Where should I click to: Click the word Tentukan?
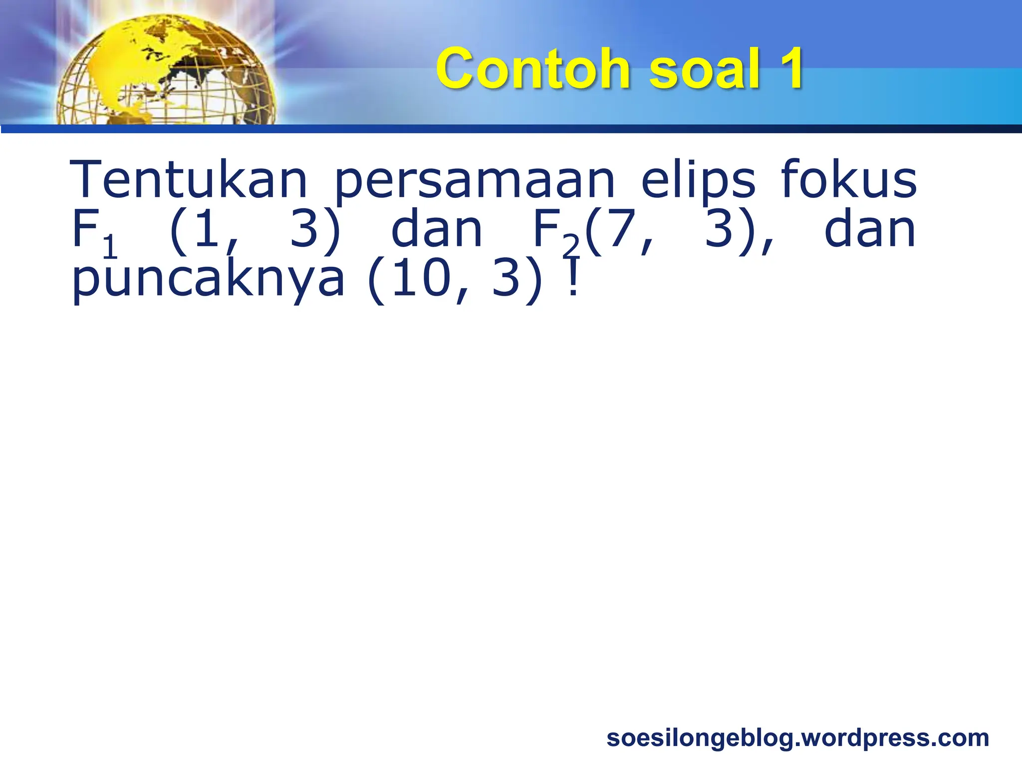(x=188, y=179)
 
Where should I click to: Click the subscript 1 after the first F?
(x=110, y=247)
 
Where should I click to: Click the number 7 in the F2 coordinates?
(x=619, y=230)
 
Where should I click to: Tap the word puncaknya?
(x=208, y=280)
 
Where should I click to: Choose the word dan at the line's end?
(x=870, y=230)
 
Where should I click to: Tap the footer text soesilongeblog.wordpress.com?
(x=797, y=738)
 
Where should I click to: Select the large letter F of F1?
(x=85, y=230)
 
